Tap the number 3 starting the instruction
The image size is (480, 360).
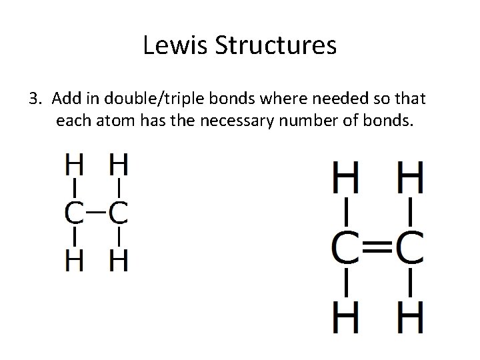coord(35,100)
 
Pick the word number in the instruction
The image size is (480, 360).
coord(306,122)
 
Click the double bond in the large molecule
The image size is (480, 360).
coord(378,248)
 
